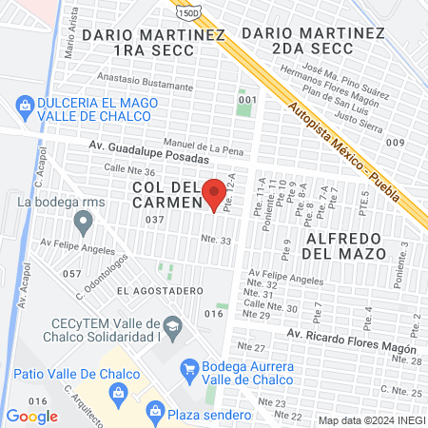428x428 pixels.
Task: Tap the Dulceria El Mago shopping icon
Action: [x=24, y=105]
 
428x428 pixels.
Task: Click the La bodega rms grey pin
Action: [x=84, y=224]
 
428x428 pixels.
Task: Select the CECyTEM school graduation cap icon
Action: [x=172, y=329]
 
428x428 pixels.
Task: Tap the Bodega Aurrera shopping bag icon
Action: [x=188, y=367]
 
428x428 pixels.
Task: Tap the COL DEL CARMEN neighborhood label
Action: [x=167, y=194]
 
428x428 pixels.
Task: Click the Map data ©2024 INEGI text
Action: [x=371, y=419]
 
